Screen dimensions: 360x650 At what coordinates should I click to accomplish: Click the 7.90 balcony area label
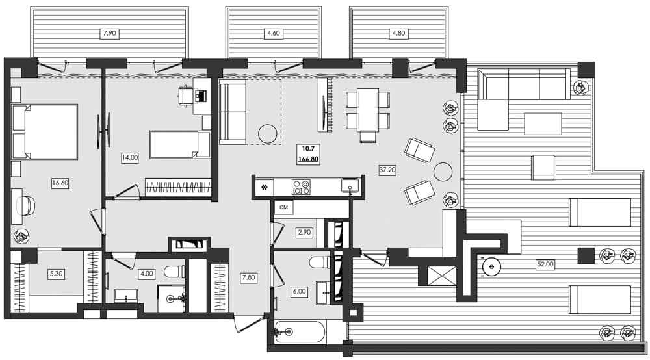pos(110,32)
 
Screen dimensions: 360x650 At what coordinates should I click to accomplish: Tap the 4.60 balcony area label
pos(273,32)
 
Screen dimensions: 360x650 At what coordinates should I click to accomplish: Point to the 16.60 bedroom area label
pos(60,183)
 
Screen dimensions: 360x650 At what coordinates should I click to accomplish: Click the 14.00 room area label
pos(130,157)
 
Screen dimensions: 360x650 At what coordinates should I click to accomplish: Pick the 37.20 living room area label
pos(387,170)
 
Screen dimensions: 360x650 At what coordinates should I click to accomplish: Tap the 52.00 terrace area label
pos(545,264)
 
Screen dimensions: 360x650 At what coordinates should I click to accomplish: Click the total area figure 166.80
pos(308,159)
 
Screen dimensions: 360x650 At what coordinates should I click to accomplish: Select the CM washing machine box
pos(283,208)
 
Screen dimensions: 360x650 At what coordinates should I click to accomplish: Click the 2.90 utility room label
pos(304,232)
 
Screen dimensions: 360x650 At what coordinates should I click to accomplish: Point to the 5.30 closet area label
pos(57,274)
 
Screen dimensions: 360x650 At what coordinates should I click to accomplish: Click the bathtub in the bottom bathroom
pos(300,332)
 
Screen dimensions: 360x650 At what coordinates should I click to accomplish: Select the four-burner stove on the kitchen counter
pos(301,187)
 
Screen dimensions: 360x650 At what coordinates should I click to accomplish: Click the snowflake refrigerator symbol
pos(264,187)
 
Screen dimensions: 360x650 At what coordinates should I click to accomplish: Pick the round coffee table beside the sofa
pos(268,134)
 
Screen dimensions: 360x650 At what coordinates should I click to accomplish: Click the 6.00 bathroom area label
pos(299,292)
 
